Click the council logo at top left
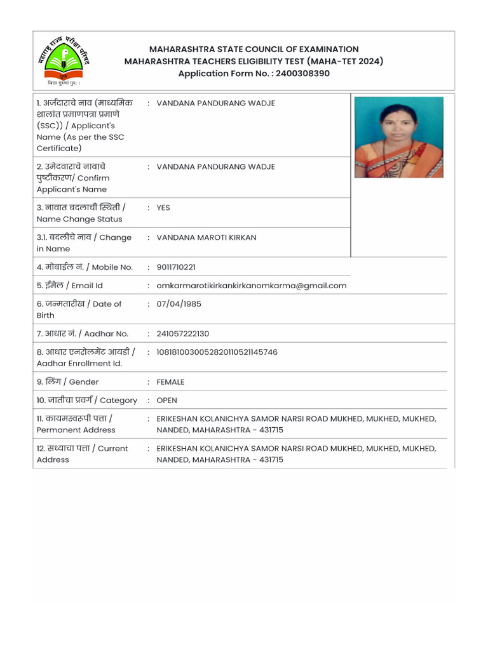point(62,60)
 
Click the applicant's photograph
point(398,137)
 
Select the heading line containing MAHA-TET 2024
point(254,62)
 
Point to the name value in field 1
point(215,103)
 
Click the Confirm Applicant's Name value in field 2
point(215,167)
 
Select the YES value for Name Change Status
point(163,208)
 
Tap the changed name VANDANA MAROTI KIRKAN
point(207,237)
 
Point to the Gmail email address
point(252,286)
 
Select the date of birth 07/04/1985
point(179,304)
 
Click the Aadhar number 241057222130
point(182,334)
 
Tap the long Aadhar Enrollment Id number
point(217,352)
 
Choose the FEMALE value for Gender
point(170,382)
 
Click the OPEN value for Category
point(166,401)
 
